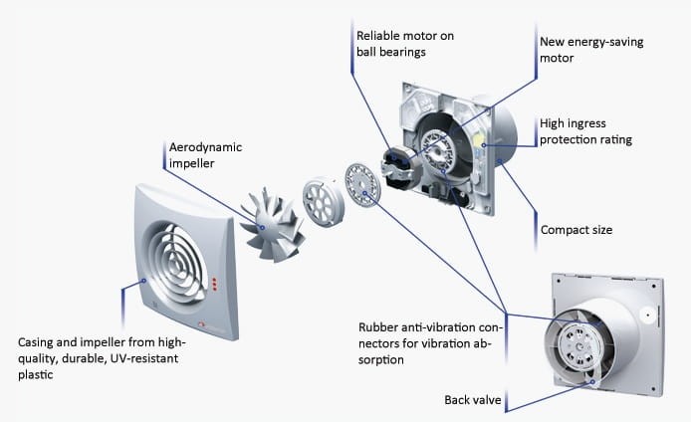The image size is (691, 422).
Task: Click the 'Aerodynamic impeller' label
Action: (205, 155)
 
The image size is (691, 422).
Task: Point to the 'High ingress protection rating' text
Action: (585, 132)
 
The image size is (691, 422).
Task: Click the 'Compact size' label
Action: (576, 230)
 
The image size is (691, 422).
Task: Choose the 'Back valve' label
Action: (472, 401)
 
